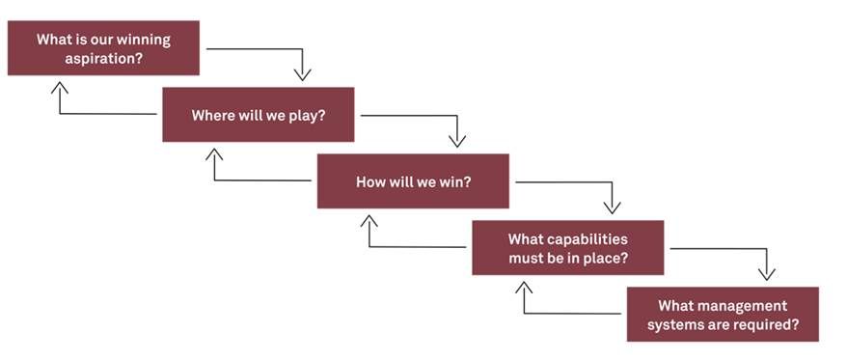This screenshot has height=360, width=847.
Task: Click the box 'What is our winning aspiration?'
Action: [103, 48]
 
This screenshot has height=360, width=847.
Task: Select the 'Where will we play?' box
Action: [258, 115]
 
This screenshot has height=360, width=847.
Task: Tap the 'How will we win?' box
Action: [413, 181]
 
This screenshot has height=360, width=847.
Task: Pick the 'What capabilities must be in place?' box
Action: [567, 248]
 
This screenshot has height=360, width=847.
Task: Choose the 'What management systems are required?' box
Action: [723, 315]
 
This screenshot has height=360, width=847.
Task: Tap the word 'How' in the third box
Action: [371, 181]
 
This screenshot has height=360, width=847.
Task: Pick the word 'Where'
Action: [212, 115]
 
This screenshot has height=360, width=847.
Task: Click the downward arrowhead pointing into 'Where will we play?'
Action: [303, 75]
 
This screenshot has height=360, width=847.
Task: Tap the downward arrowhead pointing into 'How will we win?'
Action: [457, 142]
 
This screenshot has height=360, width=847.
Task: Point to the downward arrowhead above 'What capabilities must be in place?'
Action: [612, 208]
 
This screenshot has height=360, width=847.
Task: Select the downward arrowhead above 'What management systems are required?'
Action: [767, 275]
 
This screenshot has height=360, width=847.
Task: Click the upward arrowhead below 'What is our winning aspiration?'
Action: [60, 86]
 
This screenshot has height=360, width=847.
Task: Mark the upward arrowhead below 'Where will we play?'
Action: [214, 152]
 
